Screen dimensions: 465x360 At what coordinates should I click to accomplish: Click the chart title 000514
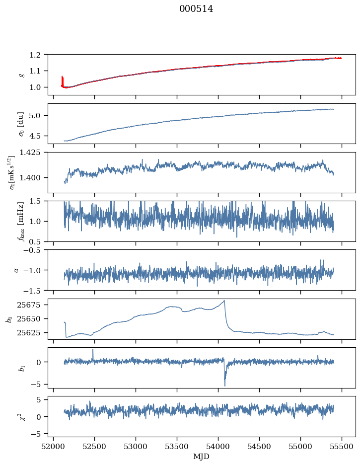point(196,9)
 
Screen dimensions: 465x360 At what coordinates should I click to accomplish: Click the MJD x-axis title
point(202,456)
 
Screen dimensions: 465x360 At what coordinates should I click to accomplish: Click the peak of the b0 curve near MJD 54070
point(224,301)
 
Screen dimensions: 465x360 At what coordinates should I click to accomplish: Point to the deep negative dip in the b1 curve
point(224,386)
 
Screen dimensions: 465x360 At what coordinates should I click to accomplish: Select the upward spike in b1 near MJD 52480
point(93,350)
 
